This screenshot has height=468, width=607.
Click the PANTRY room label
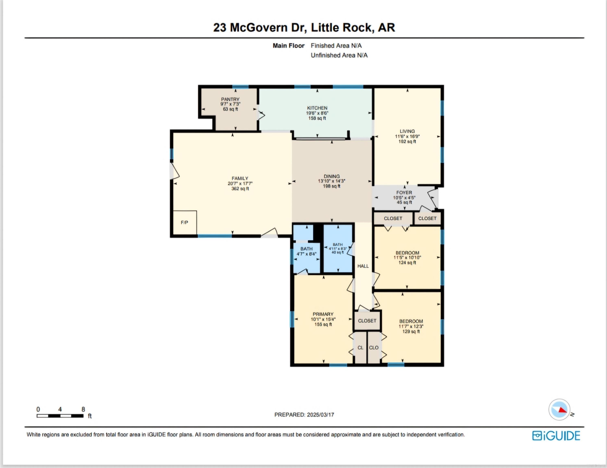[x=230, y=99]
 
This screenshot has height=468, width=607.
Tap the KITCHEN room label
[x=317, y=108]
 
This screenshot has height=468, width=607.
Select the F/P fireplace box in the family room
[x=185, y=222]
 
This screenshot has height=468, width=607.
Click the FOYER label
[x=404, y=193]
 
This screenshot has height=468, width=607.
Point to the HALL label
[x=363, y=266]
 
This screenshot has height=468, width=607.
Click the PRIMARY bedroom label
[x=323, y=314]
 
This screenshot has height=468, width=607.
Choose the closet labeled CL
[x=360, y=348]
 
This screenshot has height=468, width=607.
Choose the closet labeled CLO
[x=374, y=348]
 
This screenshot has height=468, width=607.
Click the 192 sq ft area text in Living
[x=407, y=142]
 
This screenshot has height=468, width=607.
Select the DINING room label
[x=332, y=176]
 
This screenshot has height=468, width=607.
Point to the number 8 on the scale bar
[x=83, y=409]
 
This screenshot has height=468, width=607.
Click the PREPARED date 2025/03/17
[x=320, y=415]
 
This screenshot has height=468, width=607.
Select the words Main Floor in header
[x=288, y=45]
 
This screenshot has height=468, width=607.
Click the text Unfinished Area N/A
[x=339, y=55]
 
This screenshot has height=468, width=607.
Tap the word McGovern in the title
[x=259, y=27]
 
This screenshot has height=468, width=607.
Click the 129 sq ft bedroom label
[x=411, y=331]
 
